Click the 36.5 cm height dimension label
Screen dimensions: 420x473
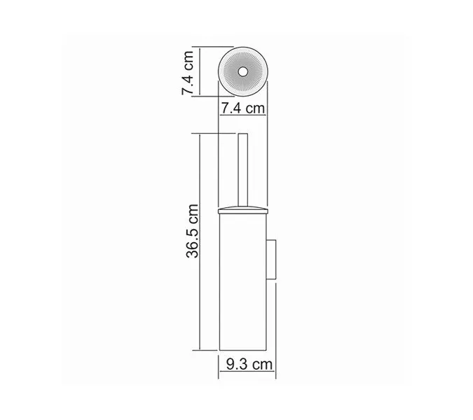(192, 232)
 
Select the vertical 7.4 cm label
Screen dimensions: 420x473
(187, 72)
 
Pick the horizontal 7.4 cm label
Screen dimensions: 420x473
(242, 108)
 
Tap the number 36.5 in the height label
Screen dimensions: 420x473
(192, 241)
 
